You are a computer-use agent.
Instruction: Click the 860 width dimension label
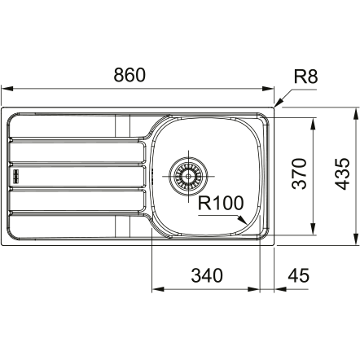pos(130,75)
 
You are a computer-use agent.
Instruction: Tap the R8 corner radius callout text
pos(305,77)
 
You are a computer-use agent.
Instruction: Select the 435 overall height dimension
pos(341,173)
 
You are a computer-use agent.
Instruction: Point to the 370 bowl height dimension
pos(299,173)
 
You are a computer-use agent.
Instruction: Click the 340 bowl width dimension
pos(207,275)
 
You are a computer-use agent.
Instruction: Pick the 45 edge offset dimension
pos(298,275)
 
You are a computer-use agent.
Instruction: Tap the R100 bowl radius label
pos(221,203)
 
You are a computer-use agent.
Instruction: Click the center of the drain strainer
pos(188,176)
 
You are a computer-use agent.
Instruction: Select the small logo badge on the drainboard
pos(16,176)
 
